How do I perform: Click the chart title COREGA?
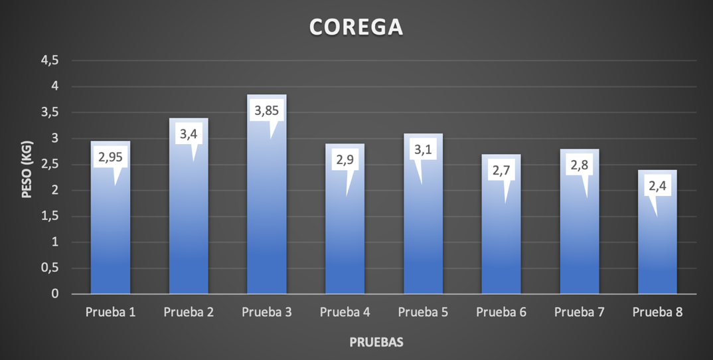356,27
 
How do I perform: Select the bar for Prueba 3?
267,219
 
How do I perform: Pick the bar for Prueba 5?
424,232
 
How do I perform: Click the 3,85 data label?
267,110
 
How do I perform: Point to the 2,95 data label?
111,157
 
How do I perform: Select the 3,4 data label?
189,134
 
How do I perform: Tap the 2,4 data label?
657,186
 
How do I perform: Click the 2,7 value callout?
501,171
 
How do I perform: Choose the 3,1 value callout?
423,149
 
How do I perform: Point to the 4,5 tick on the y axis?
50,60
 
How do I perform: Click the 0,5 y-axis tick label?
50,268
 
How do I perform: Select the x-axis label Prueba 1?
111,312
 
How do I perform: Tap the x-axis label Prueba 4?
345,312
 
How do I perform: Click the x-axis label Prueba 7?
580,312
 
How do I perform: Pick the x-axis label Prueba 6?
501,312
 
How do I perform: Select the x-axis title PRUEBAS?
376,343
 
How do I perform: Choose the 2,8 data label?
580,165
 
